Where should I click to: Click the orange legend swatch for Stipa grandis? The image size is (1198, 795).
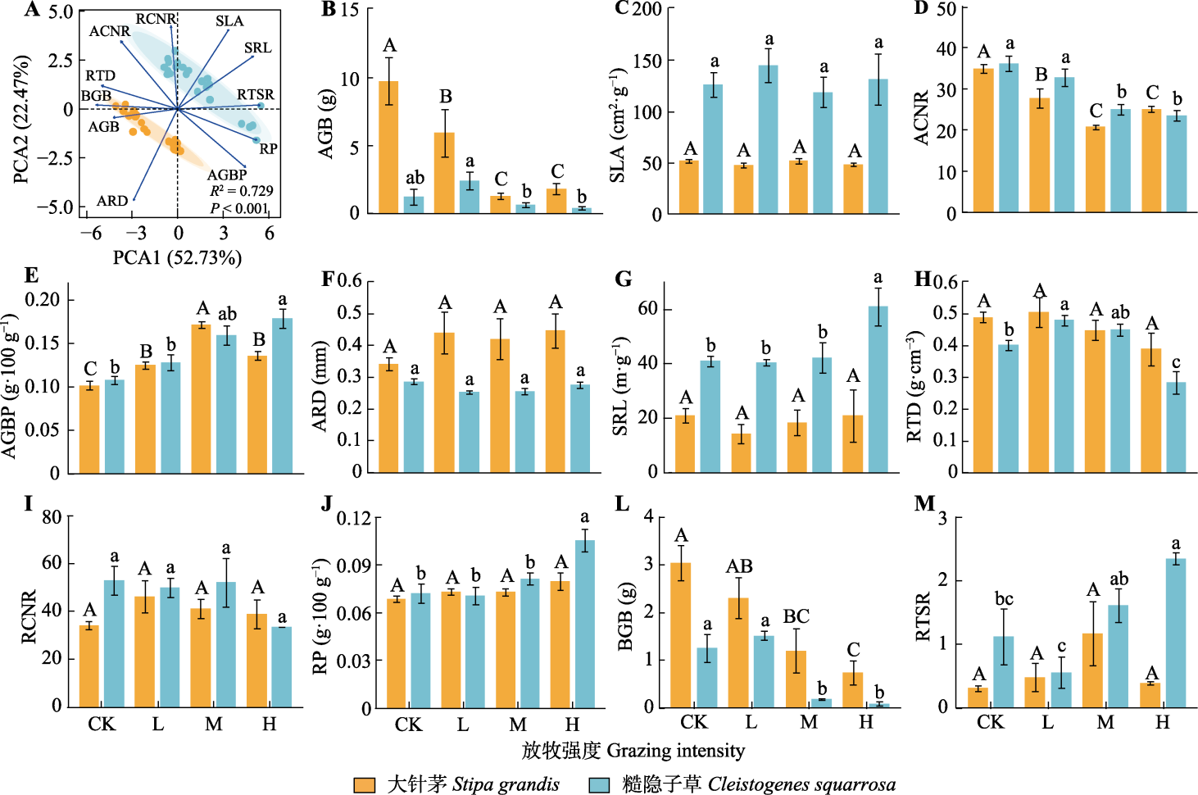pyautogui.click(x=365, y=784)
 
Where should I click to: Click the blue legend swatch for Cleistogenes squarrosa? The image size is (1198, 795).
pyautogui.click(x=600, y=784)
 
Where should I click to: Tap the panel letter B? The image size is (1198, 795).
pyautogui.click(x=329, y=10)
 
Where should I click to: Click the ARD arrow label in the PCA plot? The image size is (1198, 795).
pyautogui.click(x=112, y=201)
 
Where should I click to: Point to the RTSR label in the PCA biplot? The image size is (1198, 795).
pyautogui.click(x=256, y=95)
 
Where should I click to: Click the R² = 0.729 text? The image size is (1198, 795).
pyautogui.click(x=242, y=191)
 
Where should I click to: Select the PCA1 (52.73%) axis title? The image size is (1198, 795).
pyautogui.click(x=177, y=257)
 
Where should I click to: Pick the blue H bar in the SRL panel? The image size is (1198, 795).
pyautogui.click(x=878, y=389)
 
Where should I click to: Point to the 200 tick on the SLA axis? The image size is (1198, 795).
pyautogui.click(x=647, y=10)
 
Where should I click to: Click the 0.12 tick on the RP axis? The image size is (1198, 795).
pyautogui.click(x=354, y=518)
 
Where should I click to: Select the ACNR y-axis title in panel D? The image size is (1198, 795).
pyautogui.click(x=922, y=118)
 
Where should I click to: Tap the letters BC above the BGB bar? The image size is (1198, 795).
pyautogui.click(x=796, y=616)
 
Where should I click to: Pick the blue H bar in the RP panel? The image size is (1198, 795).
pyautogui.click(x=584, y=624)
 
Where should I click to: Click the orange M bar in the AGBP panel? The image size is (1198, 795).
pyautogui.click(x=201, y=398)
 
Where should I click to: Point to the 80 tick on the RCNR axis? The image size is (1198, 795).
pyautogui.click(x=52, y=517)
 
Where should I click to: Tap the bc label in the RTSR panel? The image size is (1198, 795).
pyautogui.click(x=1004, y=599)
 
